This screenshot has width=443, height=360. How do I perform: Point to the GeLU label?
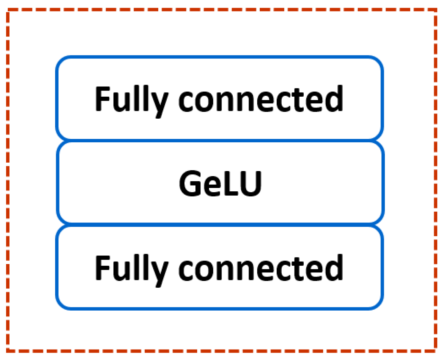[220, 184]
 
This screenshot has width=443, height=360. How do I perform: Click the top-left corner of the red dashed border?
[8, 11]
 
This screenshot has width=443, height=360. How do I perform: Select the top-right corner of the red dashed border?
[435, 11]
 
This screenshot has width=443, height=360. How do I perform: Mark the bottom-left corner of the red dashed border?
[8, 350]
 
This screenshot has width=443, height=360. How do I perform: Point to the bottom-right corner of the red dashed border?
[435, 350]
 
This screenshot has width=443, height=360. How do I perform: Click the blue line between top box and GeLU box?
[220, 140]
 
